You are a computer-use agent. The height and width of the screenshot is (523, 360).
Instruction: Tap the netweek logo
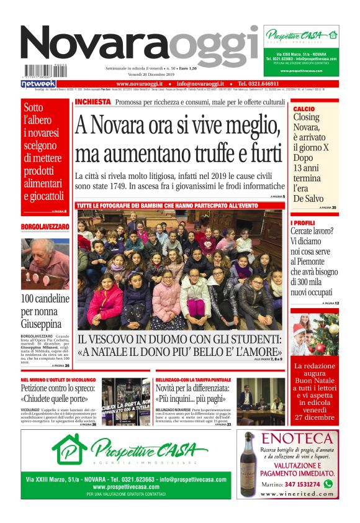(38, 83)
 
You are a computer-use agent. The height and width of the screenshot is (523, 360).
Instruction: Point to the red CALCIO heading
(304, 109)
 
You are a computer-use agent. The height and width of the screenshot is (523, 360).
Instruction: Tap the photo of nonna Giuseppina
(45, 265)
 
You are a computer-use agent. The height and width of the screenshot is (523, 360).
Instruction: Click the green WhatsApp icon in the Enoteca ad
(328, 483)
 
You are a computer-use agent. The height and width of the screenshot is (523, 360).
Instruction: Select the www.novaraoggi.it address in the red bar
(140, 83)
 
